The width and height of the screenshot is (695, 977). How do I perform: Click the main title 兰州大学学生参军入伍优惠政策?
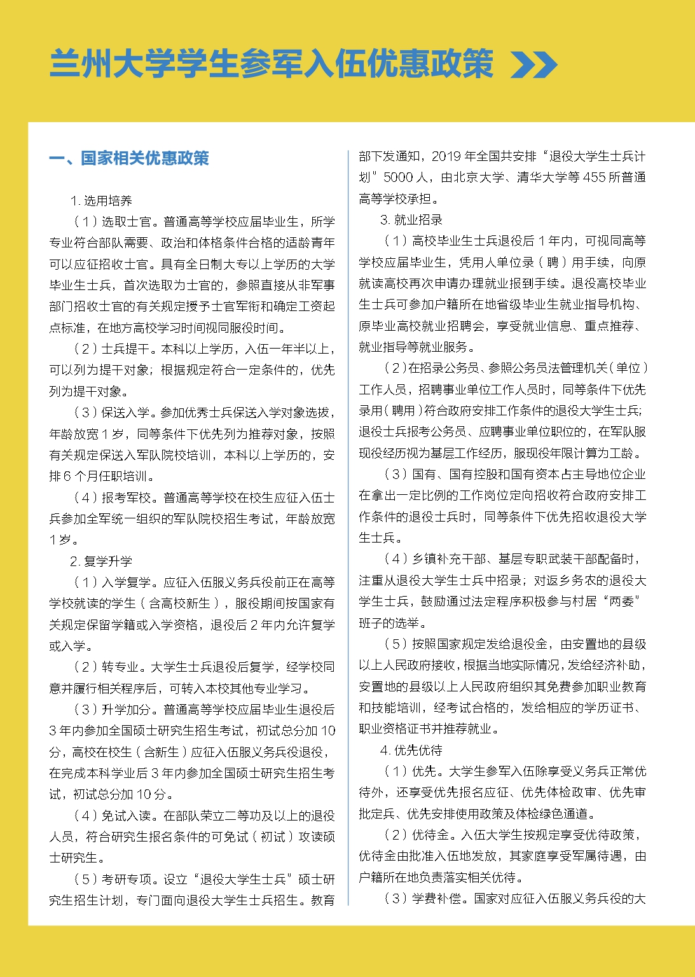(272, 64)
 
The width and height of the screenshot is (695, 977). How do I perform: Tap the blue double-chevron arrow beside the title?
(534, 64)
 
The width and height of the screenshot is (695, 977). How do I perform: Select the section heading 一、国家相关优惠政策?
(129, 158)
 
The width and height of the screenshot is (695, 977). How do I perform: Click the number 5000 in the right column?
(398, 177)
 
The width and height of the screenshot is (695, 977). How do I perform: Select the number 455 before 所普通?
(594, 177)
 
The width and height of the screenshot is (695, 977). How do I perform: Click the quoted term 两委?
(623, 602)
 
